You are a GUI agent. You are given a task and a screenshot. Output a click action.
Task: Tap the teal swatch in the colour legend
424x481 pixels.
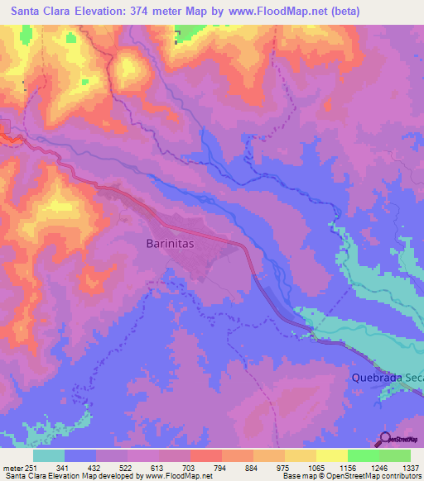(x=49, y=455)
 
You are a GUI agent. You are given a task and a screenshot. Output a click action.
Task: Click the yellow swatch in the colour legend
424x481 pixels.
(x=331, y=455)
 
